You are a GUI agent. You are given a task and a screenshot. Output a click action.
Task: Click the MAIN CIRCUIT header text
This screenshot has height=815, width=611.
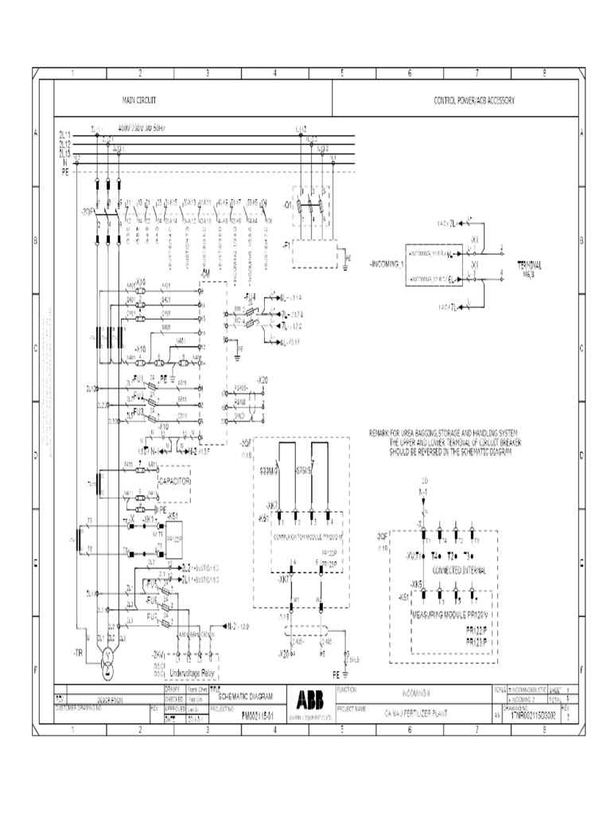pos(138,101)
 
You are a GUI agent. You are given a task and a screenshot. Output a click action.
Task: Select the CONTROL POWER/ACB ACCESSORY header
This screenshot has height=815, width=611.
pos(474,101)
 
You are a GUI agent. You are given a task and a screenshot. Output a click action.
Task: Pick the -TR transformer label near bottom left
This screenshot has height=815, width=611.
pos(78,653)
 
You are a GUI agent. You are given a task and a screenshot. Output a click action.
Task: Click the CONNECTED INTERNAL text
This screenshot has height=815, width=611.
pos(457,571)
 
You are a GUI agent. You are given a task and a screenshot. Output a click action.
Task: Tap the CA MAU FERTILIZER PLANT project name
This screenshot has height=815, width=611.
pos(416,714)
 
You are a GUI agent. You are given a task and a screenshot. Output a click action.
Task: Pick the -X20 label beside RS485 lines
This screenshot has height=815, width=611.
pos(263,380)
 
